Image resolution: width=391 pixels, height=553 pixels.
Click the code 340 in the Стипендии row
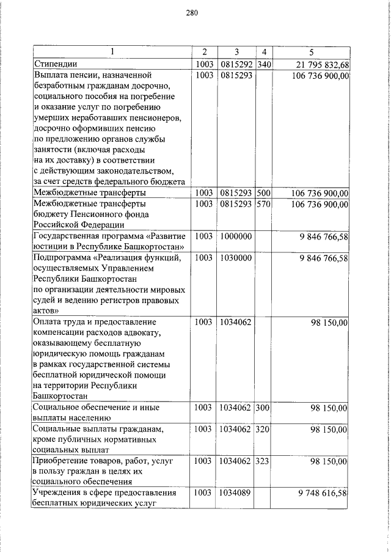[265, 64]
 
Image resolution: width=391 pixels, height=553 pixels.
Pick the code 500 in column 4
[265, 193]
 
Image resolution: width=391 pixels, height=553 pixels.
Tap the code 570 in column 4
[265, 204]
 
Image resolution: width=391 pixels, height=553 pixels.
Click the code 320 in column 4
[265, 430]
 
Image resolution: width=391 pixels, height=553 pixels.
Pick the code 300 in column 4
[265, 407]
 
